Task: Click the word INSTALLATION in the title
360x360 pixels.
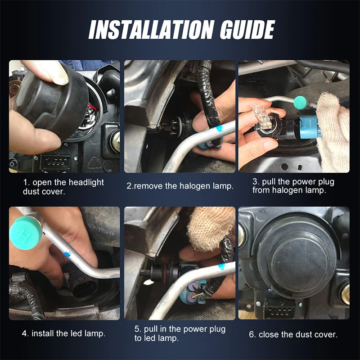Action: [152, 30]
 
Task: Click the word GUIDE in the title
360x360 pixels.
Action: [247, 30]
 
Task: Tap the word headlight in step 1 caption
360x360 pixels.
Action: [86, 183]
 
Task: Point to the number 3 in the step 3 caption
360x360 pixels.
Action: [255, 182]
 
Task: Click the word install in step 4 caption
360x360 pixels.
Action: [43, 333]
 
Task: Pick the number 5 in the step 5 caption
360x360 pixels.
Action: [137, 329]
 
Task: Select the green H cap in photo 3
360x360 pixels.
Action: [300, 103]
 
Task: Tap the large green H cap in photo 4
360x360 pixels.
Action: [26, 232]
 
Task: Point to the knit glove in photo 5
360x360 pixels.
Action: [210, 227]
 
